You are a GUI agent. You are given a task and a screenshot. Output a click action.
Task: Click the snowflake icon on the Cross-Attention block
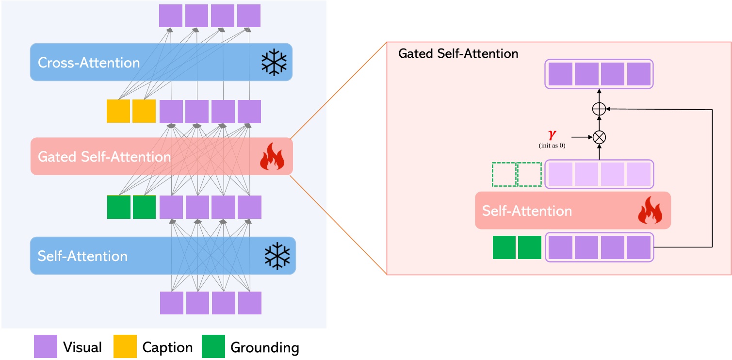tap(274, 62)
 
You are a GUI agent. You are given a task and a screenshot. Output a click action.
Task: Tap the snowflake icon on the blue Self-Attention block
tap(277, 256)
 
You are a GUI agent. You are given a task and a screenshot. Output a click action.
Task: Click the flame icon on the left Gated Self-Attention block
tap(272, 157)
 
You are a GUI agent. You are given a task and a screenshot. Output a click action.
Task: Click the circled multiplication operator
tap(600, 137)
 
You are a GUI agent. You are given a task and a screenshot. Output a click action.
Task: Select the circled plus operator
tap(600, 109)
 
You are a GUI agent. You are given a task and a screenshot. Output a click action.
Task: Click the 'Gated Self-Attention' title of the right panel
tap(458, 53)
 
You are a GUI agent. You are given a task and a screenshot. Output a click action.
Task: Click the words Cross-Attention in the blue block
tap(89, 63)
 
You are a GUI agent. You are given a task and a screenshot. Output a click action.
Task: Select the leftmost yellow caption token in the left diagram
tap(118, 111)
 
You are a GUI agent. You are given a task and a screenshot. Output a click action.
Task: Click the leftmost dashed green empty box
tap(504, 174)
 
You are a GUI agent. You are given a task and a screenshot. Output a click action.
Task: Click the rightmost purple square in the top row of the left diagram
tap(249, 16)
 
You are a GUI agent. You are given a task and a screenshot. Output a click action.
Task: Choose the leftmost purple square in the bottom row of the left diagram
tap(172, 303)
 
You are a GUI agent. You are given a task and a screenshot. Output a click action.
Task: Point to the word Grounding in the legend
tap(265, 347)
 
